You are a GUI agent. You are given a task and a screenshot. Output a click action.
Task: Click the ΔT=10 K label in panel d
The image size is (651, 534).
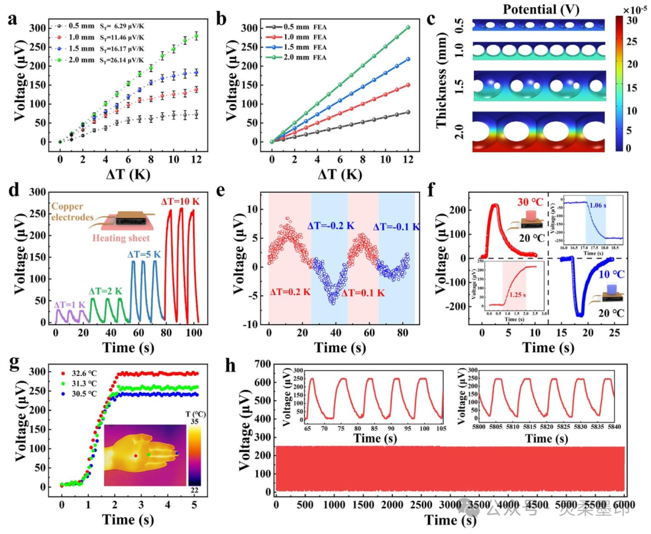[181, 201]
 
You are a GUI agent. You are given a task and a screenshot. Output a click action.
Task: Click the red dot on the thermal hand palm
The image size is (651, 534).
[135, 456]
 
